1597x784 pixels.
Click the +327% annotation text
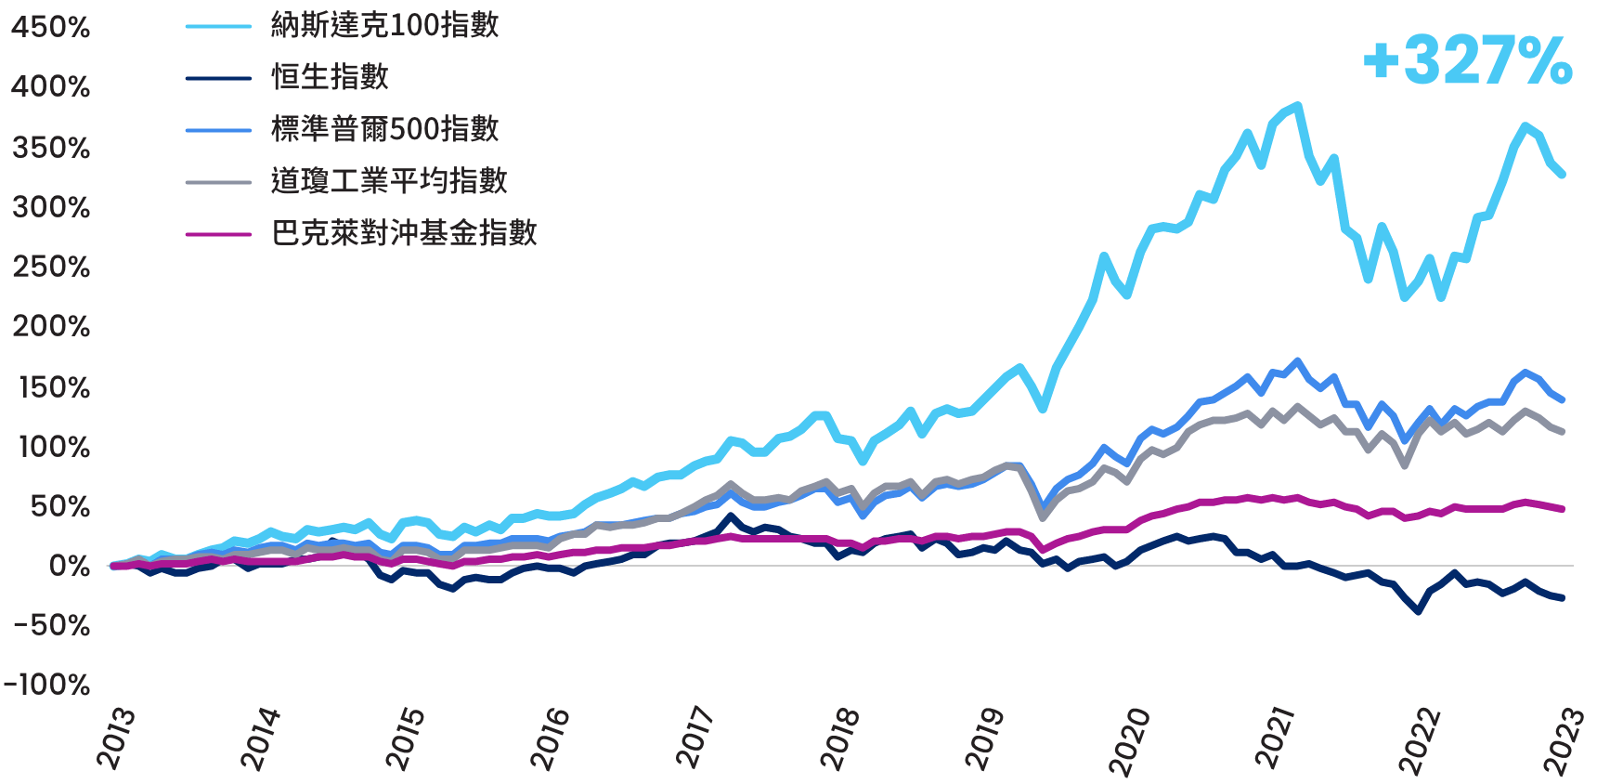[1468, 61]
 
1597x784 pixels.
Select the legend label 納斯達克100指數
[384, 25]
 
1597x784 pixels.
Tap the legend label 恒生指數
[330, 76]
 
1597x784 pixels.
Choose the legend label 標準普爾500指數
[384, 128]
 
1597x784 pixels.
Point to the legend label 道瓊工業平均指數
[389, 180]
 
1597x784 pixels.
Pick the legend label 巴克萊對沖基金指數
[404, 232]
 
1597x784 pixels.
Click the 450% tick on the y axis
[51, 27]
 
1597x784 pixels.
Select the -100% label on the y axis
[47, 686]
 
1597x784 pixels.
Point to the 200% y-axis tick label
[51, 327]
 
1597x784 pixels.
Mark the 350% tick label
[51, 148]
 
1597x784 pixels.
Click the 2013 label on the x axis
[116, 738]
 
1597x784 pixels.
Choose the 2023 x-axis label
[1564, 738]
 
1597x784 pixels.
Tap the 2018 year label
[840, 738]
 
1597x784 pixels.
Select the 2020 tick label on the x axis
[1130, 738]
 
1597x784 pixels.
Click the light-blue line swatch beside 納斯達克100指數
[218, 26]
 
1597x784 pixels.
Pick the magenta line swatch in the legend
[218, 233]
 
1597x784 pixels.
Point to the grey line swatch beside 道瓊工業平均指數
[218, 181]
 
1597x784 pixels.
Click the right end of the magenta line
[1563, 509]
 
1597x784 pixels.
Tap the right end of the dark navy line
[1563, 598]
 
